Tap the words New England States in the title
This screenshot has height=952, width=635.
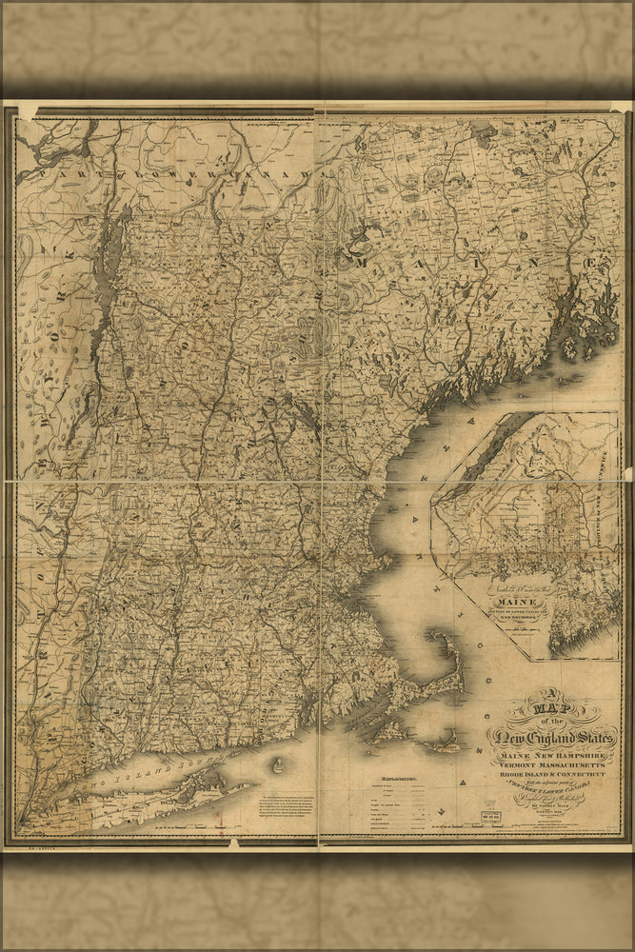click(x=552, y=736)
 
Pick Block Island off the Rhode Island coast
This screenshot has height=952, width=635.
click(x=278, y=764)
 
